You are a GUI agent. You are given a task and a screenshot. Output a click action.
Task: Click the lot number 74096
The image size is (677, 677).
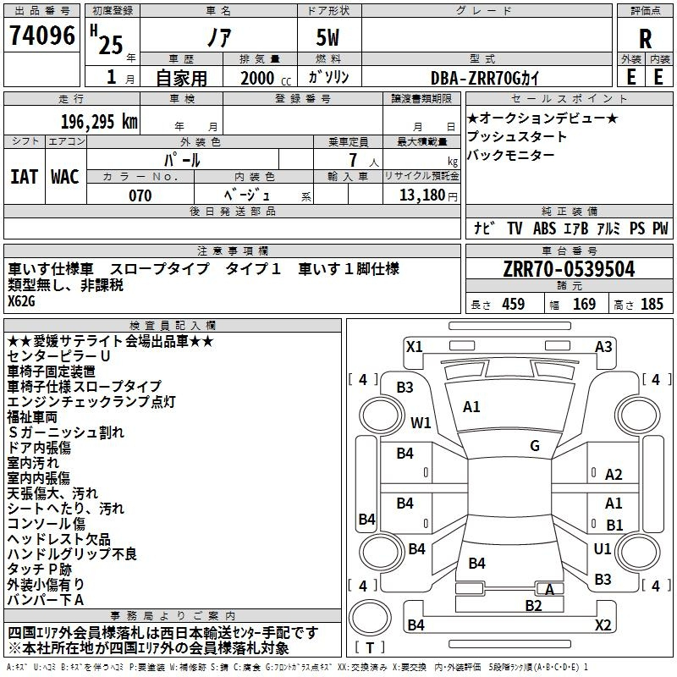click(x=42, y=35)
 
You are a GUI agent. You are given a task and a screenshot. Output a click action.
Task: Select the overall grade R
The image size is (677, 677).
click(x=645, y=39)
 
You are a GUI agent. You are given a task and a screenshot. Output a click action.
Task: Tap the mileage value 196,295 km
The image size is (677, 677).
click(x=99, y=122)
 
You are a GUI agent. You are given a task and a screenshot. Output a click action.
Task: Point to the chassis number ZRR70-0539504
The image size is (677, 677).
click(x=569, y=269)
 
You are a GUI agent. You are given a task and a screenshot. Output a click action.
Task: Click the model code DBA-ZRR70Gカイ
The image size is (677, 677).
click(x=485, y=78)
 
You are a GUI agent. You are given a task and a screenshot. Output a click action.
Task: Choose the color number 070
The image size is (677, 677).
click(x=140, y=195)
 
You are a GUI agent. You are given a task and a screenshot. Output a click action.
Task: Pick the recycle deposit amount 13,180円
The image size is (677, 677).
click(x=428, y=195)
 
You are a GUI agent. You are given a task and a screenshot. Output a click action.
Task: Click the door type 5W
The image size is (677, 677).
click(x=327, y=37)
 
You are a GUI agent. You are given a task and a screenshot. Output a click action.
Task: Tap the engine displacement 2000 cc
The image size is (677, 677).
click(x=266, y=78)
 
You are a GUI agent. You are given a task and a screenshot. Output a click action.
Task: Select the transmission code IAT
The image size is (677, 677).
click(x=24, y=177)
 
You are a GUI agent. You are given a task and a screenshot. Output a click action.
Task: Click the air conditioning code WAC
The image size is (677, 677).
click(x=65, y=177)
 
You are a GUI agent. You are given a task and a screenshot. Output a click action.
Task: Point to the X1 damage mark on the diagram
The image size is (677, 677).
click(x=414, y=347)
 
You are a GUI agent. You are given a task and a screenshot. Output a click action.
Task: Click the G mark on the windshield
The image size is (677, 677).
click(x=535, y=446)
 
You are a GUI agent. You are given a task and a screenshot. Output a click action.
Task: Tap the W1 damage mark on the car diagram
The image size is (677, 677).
click(x=421, y=422)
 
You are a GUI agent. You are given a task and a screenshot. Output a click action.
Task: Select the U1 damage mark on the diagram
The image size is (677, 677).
click(x=603, y=549)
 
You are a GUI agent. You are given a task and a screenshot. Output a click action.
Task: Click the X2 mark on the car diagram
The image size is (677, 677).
click(x=603, y=625)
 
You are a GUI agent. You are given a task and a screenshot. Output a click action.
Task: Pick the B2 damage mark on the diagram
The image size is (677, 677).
click(x=533, y=606)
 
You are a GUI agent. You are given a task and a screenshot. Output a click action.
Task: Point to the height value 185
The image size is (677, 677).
click(x=652, y=304)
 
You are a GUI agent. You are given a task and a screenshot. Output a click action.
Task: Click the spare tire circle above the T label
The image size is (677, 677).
click(x=370, y=618)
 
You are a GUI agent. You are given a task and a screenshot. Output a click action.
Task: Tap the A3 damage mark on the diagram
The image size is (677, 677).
click(x=603, y=347)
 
